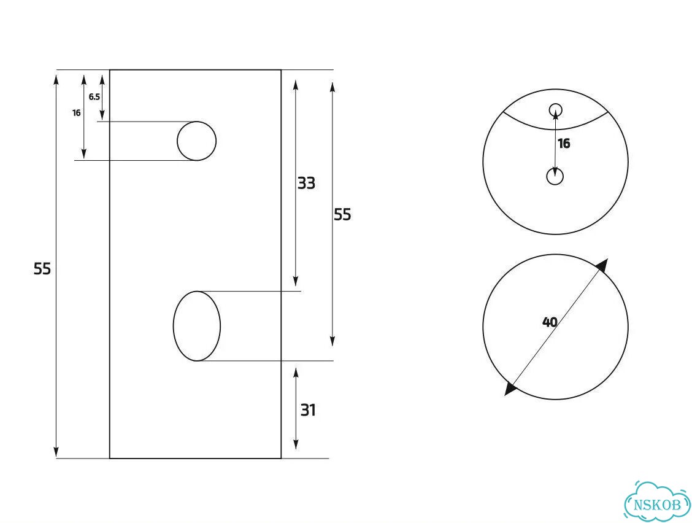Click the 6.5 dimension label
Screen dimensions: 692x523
(x=94, y=97)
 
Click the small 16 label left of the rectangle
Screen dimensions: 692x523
(x=76, y=113)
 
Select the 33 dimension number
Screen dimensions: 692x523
(x=306, y=183)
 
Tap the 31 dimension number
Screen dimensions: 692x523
(x=308, y=411)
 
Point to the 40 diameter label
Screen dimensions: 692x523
(x=550, y=322)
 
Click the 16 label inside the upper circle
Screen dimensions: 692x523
(x=564, y=144)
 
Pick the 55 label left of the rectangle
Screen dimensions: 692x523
(x=42, y=269)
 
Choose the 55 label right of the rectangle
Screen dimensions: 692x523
(x=342, y=215)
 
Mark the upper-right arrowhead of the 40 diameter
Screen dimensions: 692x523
(x=602, y=265)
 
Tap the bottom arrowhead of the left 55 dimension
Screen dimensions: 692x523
(x=56, y=452)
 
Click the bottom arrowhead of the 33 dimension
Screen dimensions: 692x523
(x=296, y=280)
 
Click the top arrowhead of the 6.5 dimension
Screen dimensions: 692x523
(x=102, y=81)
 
